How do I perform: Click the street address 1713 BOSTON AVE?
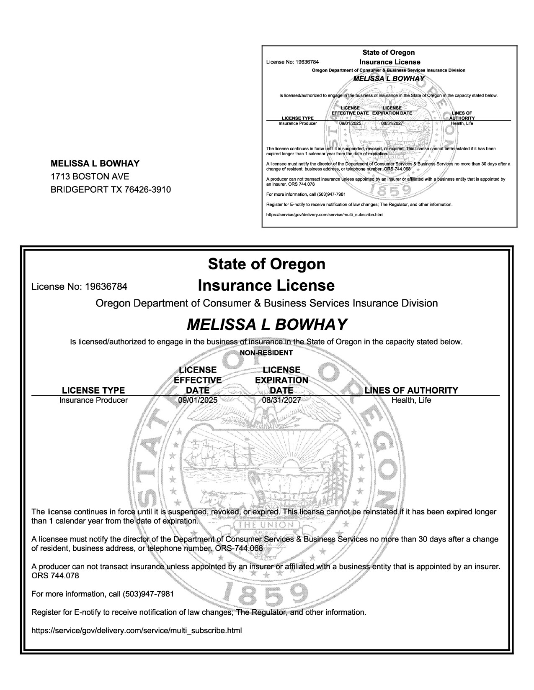90,176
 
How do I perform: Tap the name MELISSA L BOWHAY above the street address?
95,164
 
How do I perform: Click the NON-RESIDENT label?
266,353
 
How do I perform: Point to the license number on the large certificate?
106,287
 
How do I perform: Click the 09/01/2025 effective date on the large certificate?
198,400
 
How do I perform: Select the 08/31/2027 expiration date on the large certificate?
281,400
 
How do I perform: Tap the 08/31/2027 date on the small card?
392,124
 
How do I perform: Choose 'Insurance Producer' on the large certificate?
93,400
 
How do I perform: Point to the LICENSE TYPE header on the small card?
298,118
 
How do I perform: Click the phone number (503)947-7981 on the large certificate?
148,594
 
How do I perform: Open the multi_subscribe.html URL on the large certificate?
137,630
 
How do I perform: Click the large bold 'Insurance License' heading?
266,286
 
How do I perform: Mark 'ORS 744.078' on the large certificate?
55,576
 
